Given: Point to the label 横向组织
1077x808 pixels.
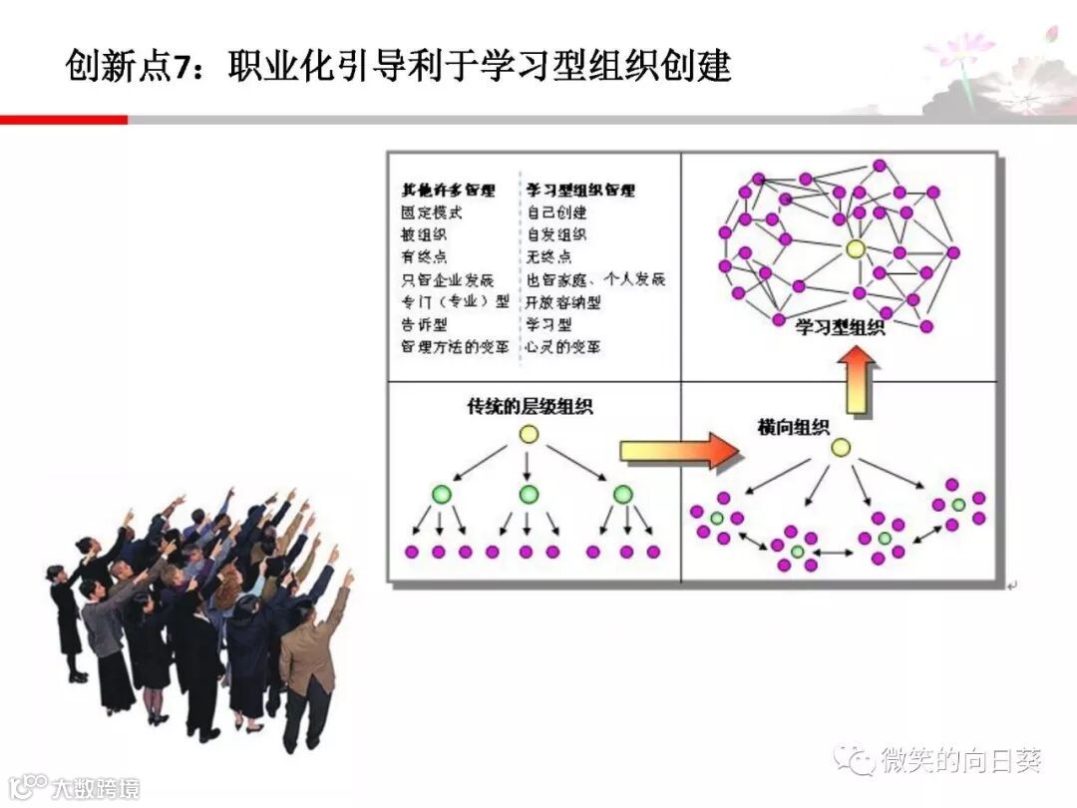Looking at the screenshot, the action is pos(794,427).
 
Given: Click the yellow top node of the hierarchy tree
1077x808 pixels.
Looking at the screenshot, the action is pos(530,435).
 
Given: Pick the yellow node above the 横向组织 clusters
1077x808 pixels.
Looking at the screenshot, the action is pos(841,448).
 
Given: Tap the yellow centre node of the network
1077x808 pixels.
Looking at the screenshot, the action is pos(855,248).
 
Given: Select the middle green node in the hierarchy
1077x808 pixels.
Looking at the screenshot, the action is pos(530,495).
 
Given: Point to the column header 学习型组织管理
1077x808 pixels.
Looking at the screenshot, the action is pos(580,190).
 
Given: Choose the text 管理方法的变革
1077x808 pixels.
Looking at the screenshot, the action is pos(455,347).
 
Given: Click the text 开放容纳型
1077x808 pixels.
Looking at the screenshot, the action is pos(563,302).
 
